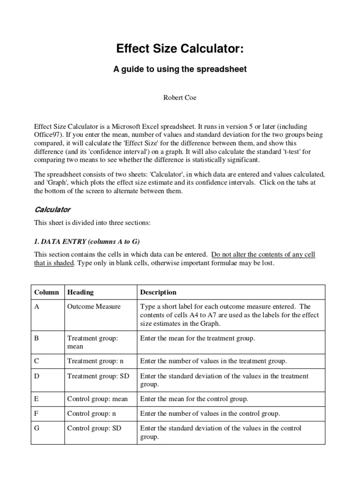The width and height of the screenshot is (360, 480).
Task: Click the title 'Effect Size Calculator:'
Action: pos(180,50)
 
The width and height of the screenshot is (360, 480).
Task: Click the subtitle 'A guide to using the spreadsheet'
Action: pos(180,69)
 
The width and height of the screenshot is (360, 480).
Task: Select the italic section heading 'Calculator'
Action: pos(52,209)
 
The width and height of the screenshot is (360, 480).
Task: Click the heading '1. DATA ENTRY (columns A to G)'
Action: pos(87,241)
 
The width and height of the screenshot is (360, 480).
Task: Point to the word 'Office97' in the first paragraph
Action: pos(47,135)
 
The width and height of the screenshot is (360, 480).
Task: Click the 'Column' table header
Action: pos(46,292)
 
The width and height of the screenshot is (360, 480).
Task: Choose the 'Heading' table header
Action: pos(80,292)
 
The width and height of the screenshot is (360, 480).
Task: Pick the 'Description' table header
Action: pos(158,292)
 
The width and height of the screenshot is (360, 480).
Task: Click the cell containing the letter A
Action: pos(37,307)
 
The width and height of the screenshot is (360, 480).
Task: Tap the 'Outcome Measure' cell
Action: pos(94,307)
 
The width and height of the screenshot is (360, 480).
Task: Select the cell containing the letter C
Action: pos(37,361)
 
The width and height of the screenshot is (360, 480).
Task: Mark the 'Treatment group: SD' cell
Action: pos(98,376)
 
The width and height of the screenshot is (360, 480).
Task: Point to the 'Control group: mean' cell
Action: pos(97,399)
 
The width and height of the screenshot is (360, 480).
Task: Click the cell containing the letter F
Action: pos(37,413)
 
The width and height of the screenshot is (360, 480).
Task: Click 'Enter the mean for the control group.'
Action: pos(194,399)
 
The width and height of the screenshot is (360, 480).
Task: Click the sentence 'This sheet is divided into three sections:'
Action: pos(92,223)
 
